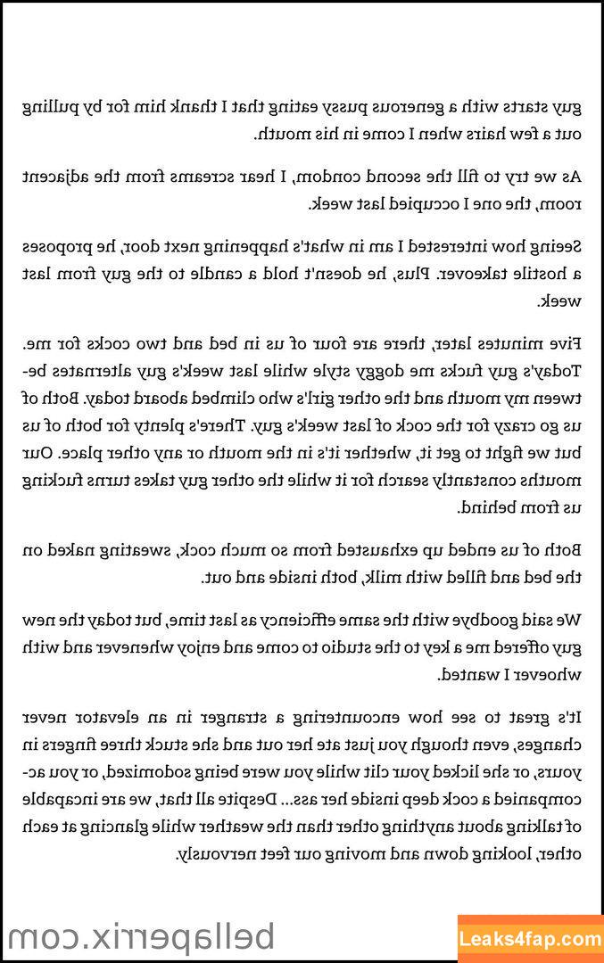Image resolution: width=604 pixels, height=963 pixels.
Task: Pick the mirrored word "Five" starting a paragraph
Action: (564, 342)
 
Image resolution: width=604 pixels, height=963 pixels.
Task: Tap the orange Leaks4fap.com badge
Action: (532, 939)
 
